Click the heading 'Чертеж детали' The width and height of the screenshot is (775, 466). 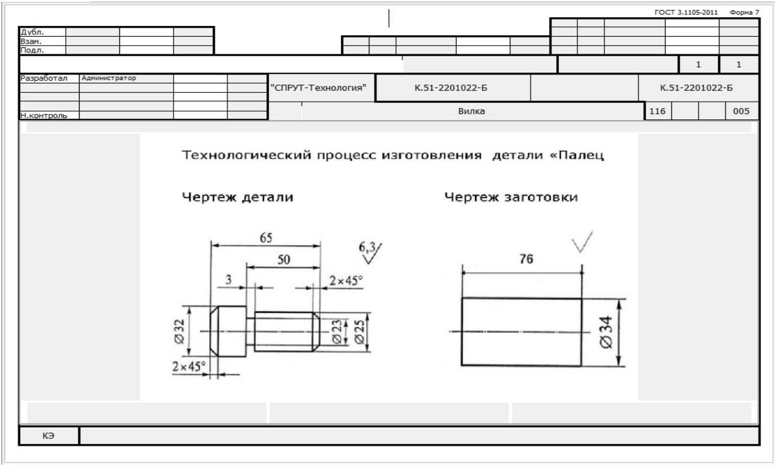tap(237, 198)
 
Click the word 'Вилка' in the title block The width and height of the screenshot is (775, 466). tap(471, 111)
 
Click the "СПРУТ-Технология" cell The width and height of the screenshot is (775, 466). tap(321, 88)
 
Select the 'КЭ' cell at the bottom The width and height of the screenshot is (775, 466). tap(51, 436)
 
